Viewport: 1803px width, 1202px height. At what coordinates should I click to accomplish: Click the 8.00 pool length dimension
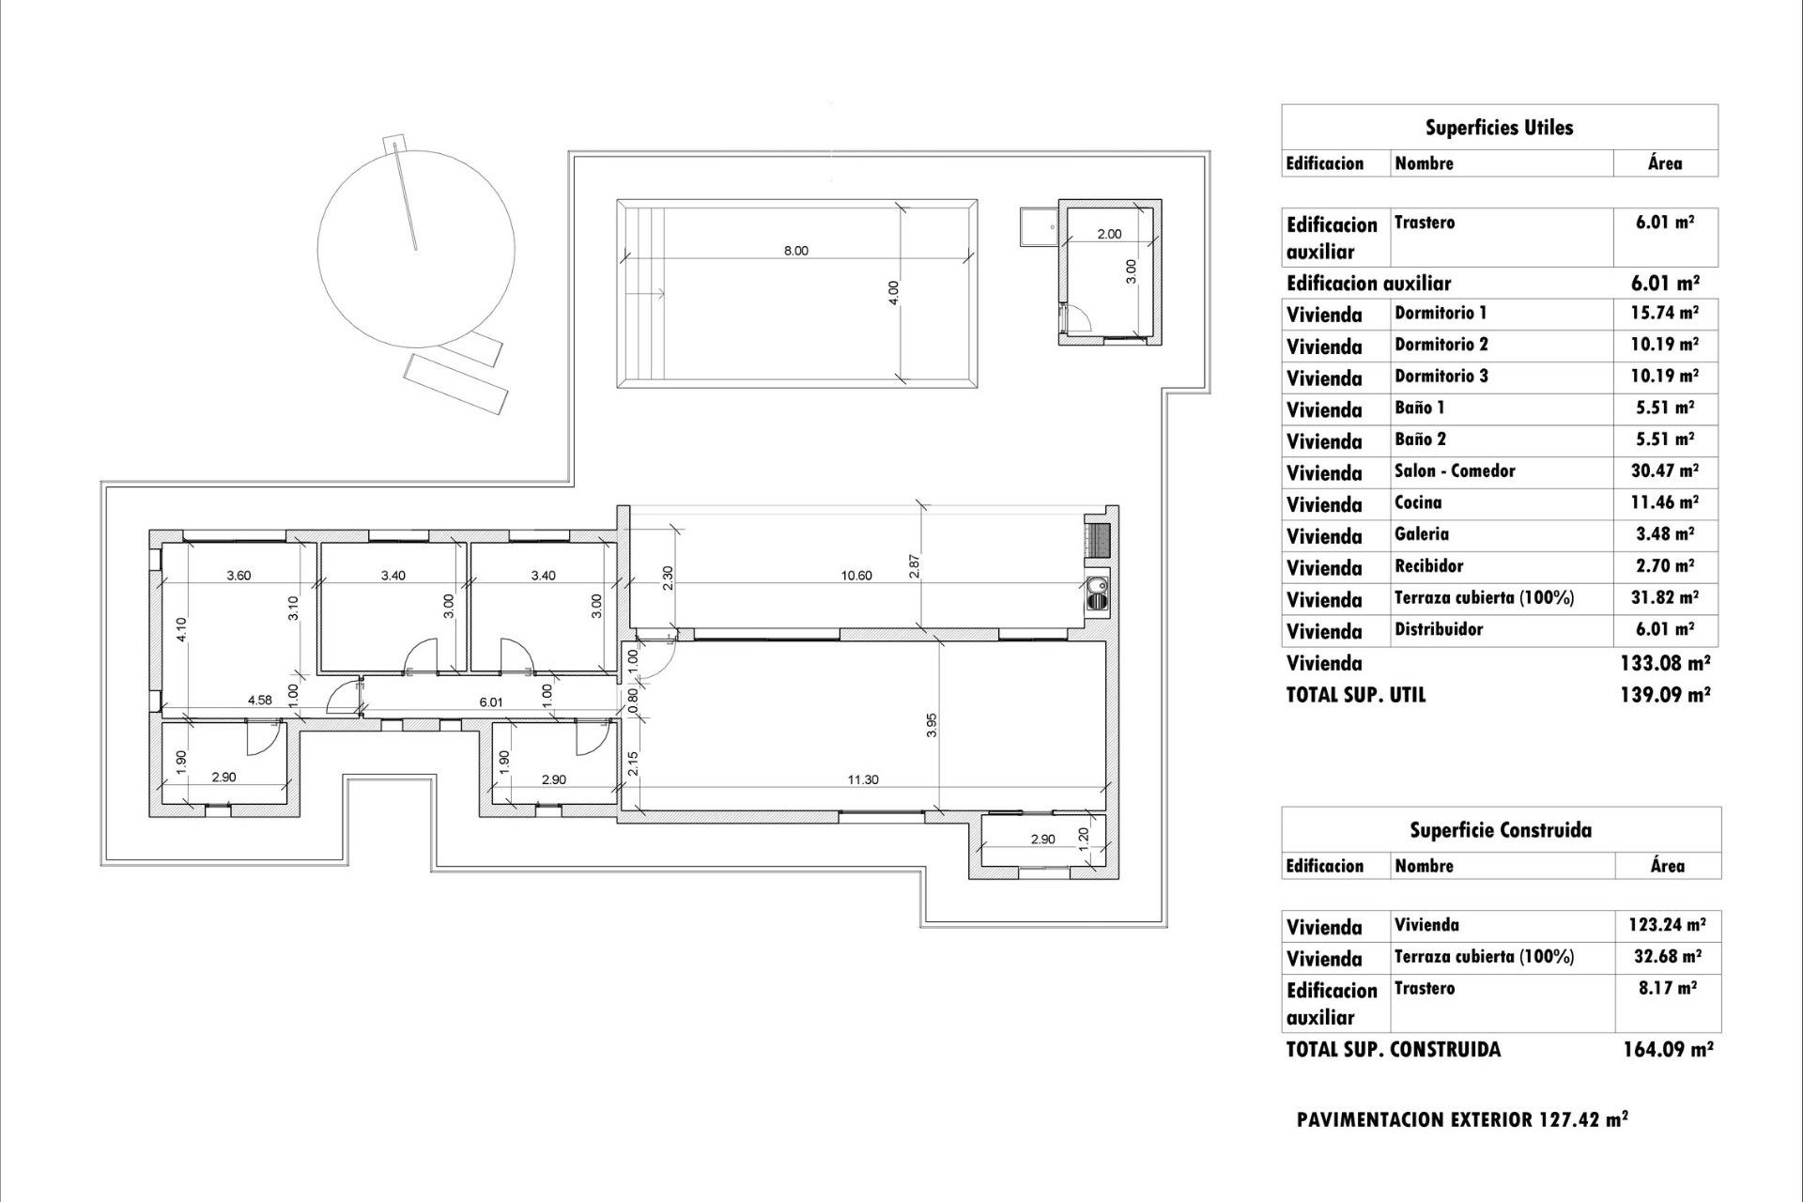click(795, 251)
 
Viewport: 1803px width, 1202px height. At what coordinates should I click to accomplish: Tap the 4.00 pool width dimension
click(894, 292)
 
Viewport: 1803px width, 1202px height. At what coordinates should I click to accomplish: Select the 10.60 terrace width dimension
click(856, 576)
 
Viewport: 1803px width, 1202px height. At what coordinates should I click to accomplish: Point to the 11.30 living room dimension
click(862, 779)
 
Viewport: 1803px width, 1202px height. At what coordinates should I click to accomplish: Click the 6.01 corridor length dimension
click(491, 701)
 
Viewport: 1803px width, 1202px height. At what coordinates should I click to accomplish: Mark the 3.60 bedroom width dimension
click(239, 576)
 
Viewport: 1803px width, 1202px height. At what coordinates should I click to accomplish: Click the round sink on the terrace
click(1096, 591)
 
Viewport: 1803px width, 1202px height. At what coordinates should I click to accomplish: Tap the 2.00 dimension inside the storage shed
click(1109, 234)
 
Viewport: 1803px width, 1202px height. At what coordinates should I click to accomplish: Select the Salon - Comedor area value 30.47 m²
click(1664, 471)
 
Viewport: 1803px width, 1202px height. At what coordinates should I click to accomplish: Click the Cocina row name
click(1418, 503)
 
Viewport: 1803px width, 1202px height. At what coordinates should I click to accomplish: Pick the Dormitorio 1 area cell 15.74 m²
click(1664, 313)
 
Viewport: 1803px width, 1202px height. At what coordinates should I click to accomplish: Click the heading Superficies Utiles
click(1499, 128)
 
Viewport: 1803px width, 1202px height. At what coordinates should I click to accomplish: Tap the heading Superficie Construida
click(1500, 830)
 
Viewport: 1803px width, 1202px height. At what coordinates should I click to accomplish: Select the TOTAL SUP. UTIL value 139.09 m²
click(1664, 695)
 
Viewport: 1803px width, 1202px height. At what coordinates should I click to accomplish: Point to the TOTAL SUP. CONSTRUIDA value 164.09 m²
click(1667, 1050)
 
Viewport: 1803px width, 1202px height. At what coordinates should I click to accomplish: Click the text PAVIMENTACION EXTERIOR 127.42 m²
click(1462, 1119)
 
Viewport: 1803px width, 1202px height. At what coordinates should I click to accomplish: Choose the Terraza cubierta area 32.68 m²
click(1666, 957)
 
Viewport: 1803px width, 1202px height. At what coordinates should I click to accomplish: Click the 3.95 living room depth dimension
click(932, 724)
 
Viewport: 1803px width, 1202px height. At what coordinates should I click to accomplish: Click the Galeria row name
click(1422, 534)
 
